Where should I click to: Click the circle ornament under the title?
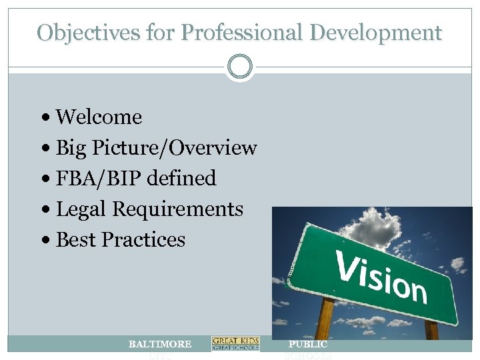239,67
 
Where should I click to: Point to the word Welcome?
99,117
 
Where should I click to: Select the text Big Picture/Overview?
156,148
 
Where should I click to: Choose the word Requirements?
179,209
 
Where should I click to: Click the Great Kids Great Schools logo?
235,343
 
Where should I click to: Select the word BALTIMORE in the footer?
160,344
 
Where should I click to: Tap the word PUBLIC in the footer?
307,344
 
